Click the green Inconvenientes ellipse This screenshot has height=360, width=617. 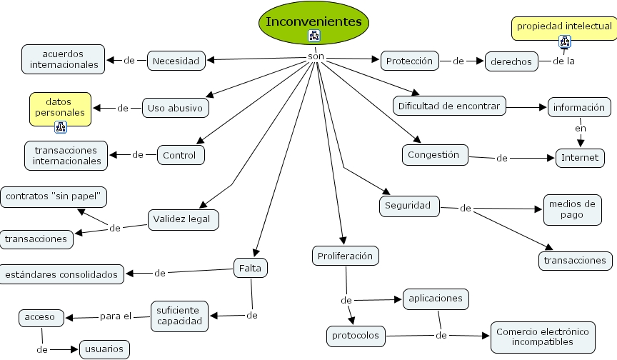click(x=313, y=21)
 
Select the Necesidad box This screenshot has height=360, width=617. click(x=176, y=61)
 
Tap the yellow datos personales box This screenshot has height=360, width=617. click(x=60, y=107)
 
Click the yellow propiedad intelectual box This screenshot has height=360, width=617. click(x=564, y=26)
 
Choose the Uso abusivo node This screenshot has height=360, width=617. click(x=176, y=108)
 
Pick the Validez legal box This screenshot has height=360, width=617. click(x=182, y=219)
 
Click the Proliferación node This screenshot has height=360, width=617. click(x=346, y=255)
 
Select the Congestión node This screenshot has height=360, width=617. click(x=433, y=154)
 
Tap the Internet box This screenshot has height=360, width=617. click(x=580, y=157)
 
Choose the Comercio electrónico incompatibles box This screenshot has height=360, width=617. click(x=543, y=337)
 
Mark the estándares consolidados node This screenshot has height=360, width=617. click(x=62, y=274)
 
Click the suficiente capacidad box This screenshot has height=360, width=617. click(x=180, y=315)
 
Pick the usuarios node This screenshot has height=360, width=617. click(x=104, y=350)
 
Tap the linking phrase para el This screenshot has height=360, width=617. click(x=116, y=316)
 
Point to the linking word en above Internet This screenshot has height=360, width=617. click(x=581, y=129)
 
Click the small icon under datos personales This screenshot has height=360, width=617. click(x=60, y=128)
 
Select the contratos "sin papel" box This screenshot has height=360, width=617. click(x=54, y=196)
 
